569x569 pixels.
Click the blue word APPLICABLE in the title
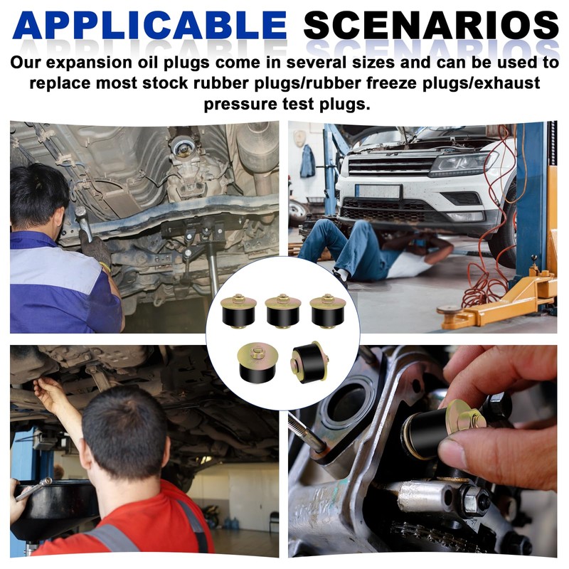click(x=149, y=25)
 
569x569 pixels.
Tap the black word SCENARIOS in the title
click(x=431, y=25)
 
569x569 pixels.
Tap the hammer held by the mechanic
click(x=83, y=221)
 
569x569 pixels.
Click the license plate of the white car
click(x=378, y=192)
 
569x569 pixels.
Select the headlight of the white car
click(x=462, y=164)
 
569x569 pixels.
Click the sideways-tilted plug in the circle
click(x=309, y=363)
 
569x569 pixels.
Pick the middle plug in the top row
click(x=283, y=311)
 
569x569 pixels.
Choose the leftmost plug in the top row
click(x=238, y=311)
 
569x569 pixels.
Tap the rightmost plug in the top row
click(x=328, y=311)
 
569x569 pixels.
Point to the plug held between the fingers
click(x=442, y=429)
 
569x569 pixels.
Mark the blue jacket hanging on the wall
click(x=308, y=161)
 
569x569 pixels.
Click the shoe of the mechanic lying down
click(x=341, y=277)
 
